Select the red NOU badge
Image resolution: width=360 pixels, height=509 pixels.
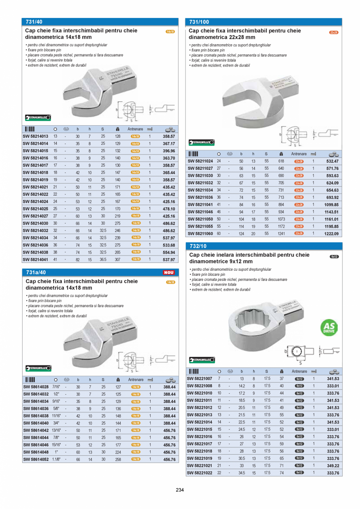tap(169, 272)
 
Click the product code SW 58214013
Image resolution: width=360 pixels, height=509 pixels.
tap(35, 136)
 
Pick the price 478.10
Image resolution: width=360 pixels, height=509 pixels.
tap(169, 209)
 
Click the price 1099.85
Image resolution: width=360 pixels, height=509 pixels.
tap(331, 205)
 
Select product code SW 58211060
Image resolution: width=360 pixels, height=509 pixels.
tap(200, 234)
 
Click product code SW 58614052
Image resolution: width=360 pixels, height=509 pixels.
tap(36, 459)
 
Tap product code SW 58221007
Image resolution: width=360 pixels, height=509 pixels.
tap(200, 379)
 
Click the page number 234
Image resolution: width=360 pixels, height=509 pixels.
tap(180, 489)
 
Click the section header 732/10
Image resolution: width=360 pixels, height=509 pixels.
tap(198, 246)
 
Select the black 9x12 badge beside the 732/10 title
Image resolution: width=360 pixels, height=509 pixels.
tap(334, 257)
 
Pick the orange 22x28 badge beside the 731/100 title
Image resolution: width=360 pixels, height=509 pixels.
tap(333, 32)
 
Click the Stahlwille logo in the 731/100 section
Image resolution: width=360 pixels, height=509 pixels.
tap(202, 142)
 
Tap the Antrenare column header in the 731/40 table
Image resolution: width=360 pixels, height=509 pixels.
tap(135, 129)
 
